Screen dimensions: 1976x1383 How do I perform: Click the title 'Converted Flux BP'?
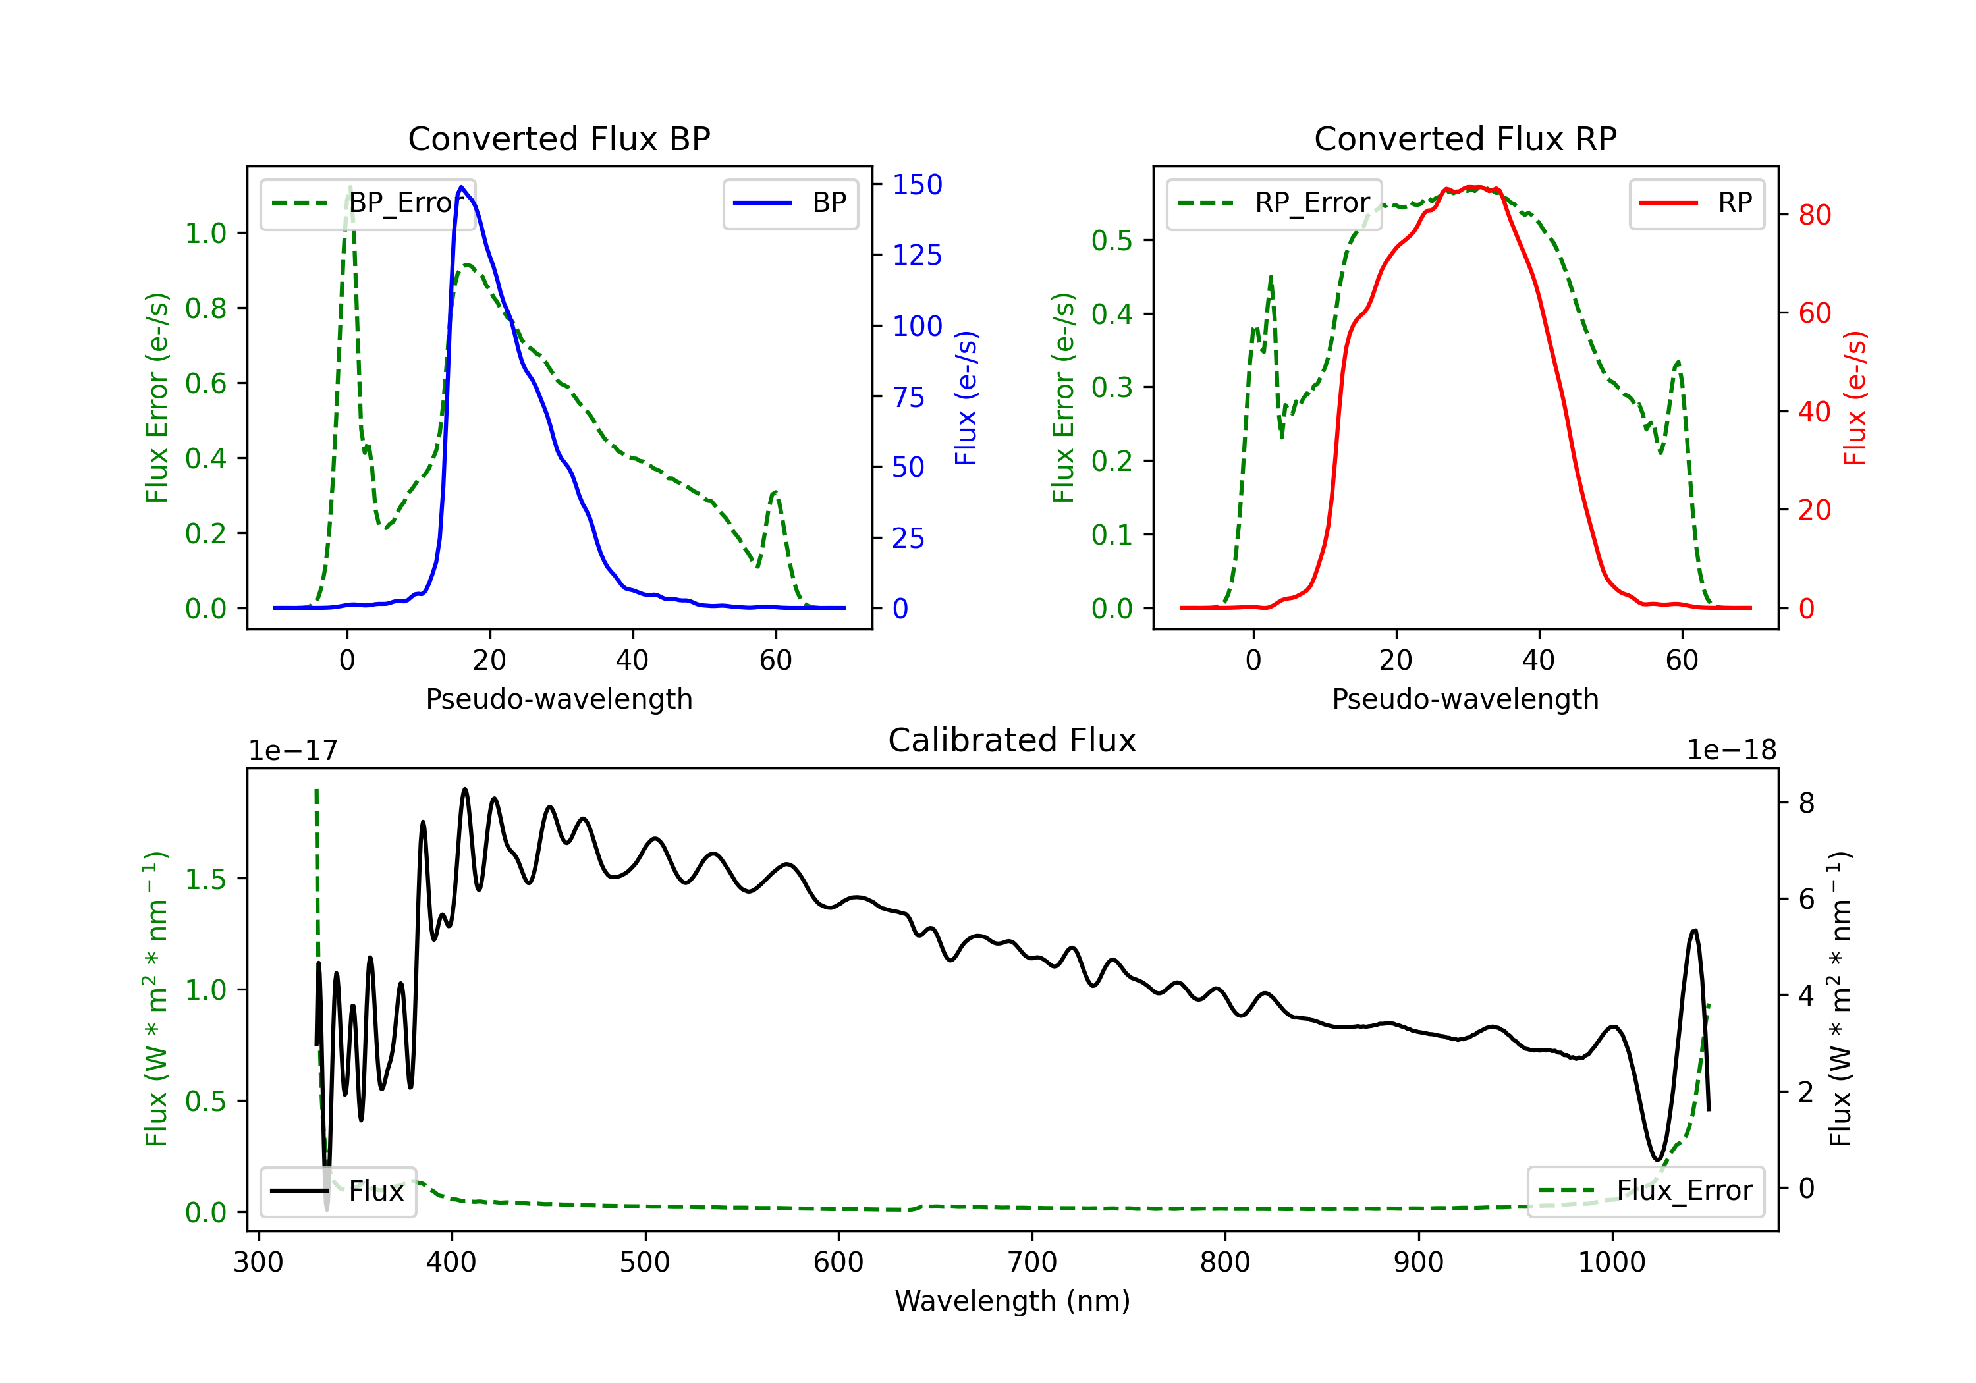pyautogui.click(x=559, y=138)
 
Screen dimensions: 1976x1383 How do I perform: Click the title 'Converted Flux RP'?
pyautogui.click(x=1465, y=138)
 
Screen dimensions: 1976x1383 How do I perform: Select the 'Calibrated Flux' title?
pyautogui.click(x=1012, y=740)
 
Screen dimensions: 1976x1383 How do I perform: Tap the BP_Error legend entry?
pyautogui.click(x=368, y=203)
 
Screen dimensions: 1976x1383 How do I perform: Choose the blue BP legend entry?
pyautogui.click(x=790, y=203)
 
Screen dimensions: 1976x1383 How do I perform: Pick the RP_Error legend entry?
pyautogui.click(x=1274, y=203)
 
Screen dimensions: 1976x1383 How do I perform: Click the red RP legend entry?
pyautogui.click(x=1695, y=203)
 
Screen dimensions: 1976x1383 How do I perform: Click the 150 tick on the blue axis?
pyautogui.click(x=918, y=184)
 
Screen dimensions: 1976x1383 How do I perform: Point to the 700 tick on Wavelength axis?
pyautogui.click(x=1032, y=1262)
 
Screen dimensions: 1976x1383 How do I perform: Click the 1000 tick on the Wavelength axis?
pyautogui.click(x=1612, y=1262)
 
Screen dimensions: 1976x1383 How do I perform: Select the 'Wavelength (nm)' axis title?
pyautogui.click(x=1012, y=1301)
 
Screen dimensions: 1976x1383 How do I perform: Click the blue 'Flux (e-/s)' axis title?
pyautogui.click(x=966, y=398)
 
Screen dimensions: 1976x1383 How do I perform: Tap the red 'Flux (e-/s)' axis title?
pyautogui.click(x=1855, y=398)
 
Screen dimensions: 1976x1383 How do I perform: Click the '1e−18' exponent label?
pyautogui.click(x=1732, y=751)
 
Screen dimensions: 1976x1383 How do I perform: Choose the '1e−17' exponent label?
pyautogui.click(x=294, y=751)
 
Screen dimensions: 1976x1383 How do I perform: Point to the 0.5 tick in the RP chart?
pyautogui.click(x=1112, y=240)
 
